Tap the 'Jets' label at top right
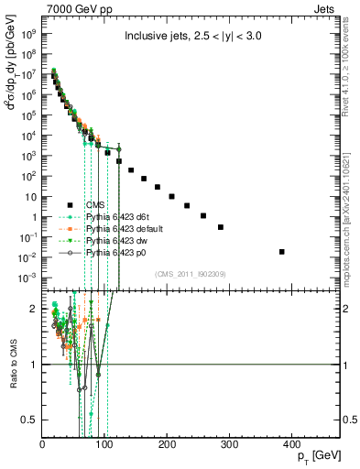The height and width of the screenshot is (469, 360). (325, 7)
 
